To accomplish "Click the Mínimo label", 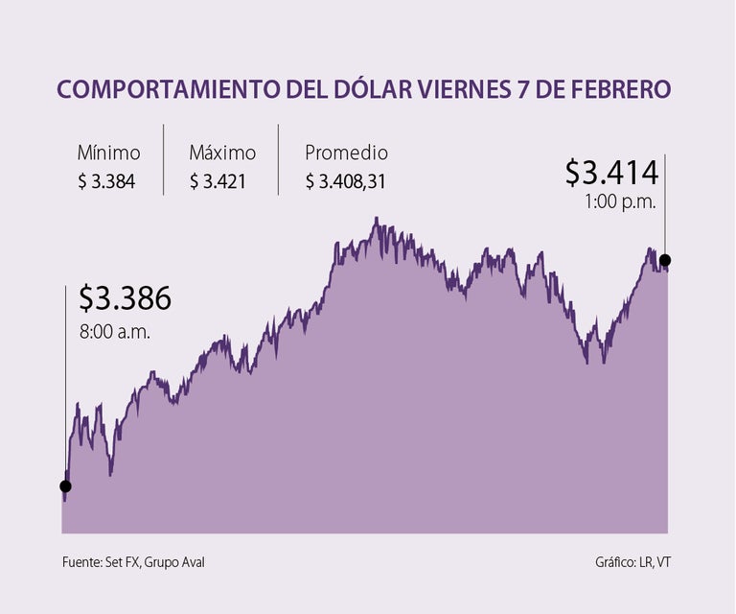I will point(108,153).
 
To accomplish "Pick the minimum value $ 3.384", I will point(106,180).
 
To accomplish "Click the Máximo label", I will point(222,153).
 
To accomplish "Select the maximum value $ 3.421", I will point(219,180).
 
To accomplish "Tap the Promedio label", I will point(346,153).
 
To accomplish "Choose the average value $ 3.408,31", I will point(345,180).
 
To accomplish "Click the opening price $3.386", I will point(125,298).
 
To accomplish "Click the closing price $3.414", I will point(611,173).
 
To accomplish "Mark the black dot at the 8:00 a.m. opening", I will point(65,486).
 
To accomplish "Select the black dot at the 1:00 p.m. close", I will point(665,260).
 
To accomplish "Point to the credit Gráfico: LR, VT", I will point(634,562).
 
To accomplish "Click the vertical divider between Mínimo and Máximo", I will point(164,159).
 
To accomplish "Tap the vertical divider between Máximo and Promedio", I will point(278,159).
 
